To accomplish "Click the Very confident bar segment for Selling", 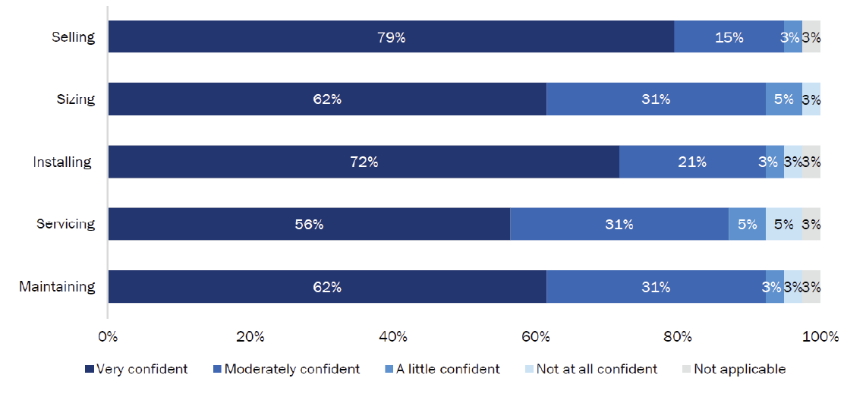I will [391, 36].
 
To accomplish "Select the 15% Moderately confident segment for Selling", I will [729, 36].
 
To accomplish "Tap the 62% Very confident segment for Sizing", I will [327, 99].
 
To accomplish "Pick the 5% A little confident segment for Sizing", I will [783, 99].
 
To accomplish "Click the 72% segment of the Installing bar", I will [364, 162].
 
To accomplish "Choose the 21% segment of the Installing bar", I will [692, 162].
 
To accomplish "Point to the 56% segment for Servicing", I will [309, 224].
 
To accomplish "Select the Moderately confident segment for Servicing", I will [619, 224].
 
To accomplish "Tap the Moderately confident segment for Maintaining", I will [656, 287].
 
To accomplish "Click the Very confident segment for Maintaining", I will [327, 287].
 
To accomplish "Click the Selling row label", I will [73, 36].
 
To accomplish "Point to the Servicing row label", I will [66, 224].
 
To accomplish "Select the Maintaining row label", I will [57, 287].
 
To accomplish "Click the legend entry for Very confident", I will [137, 370].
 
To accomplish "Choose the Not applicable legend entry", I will [732, 370].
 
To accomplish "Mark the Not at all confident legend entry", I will [590, 370].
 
